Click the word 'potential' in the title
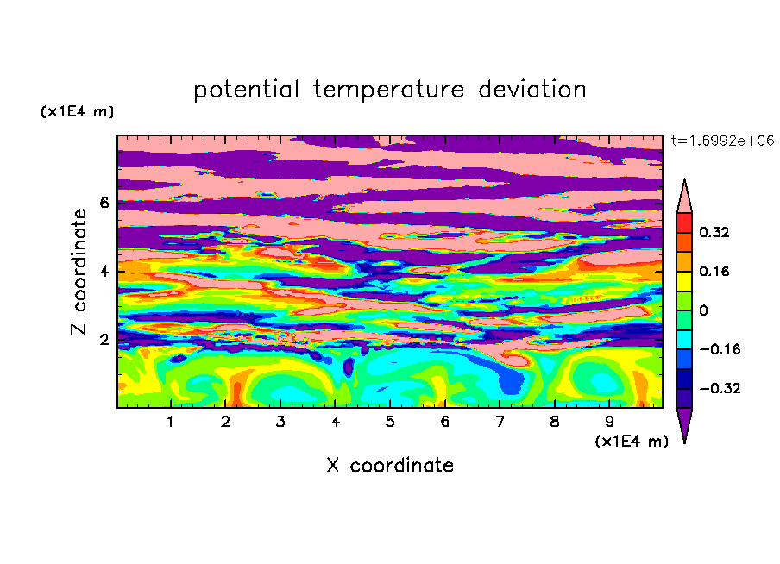(246, 90)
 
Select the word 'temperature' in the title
(388, 90)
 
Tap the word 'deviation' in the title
(532, 90)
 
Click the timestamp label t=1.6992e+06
(722, 141)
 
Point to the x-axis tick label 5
(390, 422)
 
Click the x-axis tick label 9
(609, 422)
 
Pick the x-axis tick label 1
(170, 422)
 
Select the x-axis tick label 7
(500, 422)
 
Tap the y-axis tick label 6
(104, 203)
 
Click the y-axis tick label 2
(104, 340)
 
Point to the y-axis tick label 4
(104, 271)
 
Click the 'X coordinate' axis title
(390, 465)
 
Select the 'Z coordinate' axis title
(79, 271)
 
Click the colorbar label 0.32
(714, 232)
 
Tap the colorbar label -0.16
(720, 349)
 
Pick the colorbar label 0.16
(714, 271)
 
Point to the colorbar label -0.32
(720, 388)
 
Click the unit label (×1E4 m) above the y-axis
(77, 111)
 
